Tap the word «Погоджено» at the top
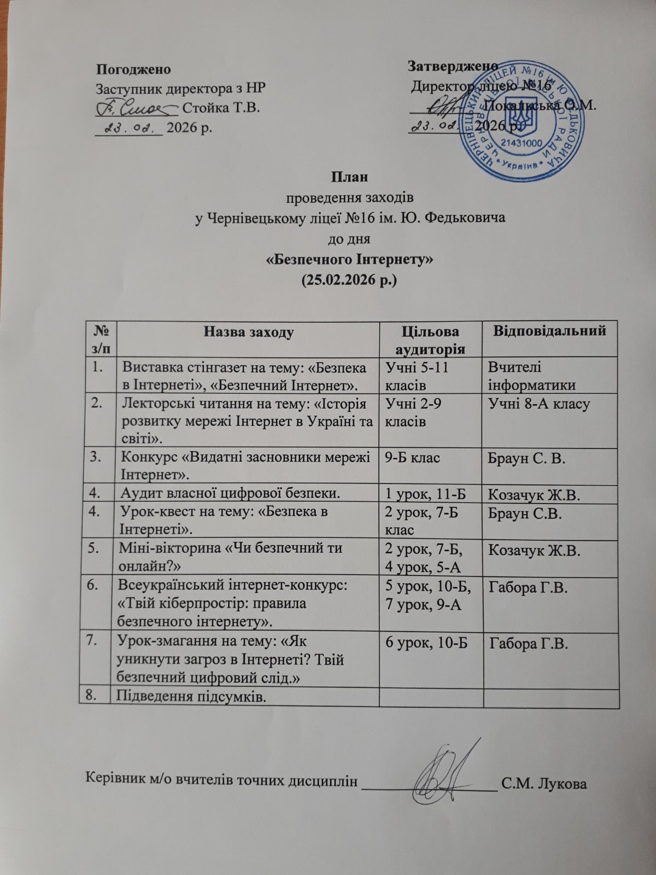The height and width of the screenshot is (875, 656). [133, 69]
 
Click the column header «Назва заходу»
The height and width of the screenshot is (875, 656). [249, 331]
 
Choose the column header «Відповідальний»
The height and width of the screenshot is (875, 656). [550, 331]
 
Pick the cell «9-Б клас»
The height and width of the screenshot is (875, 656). [413, 458]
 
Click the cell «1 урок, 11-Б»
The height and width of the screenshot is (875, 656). [425, 495]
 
